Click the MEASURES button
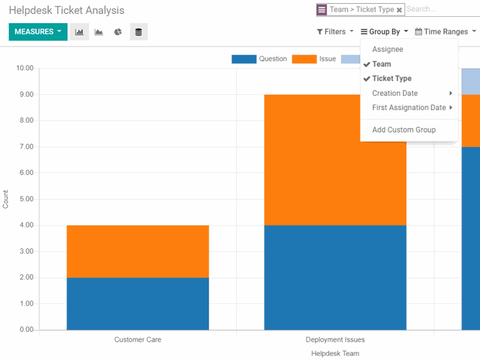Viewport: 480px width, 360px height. pyautogui.click(x=37, y=32)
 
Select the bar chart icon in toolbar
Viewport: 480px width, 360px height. pyautogui.click(x=79, y=32)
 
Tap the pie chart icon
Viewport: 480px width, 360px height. pyautogui.click(x=118, y=32)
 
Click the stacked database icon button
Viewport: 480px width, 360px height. pyautogui.click(x=139, y=32)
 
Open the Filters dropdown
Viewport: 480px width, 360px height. pyautogui.click(x=335, y=32)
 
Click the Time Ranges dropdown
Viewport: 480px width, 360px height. pyautogui.click(x=446, y=32)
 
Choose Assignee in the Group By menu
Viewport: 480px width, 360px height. pyautogui.click(x=387, y=49)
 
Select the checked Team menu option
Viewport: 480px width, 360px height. pyautogui.click(x=381, y=64)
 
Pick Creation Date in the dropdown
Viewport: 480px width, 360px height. pyautogui.click(x=395, y=93)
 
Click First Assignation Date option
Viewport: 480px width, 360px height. pyautogui.click(x=409, y=107)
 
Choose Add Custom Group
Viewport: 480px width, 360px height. pyautogui.click(x=404, y=129)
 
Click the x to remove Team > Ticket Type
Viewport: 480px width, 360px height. pyautogui.click(x=399, y=10)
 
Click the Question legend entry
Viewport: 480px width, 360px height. pyautogui.click(x=259, y=59)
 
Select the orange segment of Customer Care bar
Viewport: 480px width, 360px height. pyautogui.click(x=137, y=251)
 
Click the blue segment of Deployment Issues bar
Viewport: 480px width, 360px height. pyautogui.click(x=335, y=277)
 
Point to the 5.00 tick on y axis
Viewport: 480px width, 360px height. pyautogui.click(x=25, y=199)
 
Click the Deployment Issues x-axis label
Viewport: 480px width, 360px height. pyautogui.click(x=335, y=340)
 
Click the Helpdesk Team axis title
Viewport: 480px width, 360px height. pyautogui.click(x=335, y=354)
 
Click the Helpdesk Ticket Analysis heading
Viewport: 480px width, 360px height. pyautogui.click(x=66, y=11)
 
